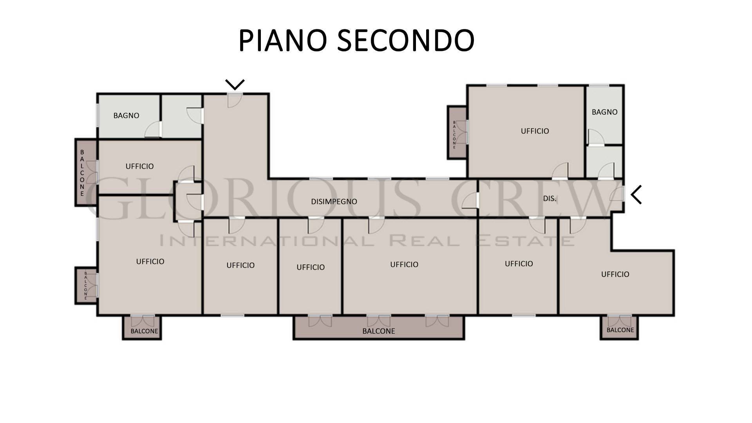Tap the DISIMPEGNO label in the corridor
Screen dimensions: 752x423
coord(334,202)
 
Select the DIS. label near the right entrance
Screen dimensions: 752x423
coord(550,199)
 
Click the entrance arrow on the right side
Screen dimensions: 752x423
coord(636,195)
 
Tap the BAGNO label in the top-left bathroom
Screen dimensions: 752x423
coord(126,116)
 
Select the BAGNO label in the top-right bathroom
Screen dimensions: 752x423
coord(604,112)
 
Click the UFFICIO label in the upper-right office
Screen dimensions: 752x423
coord(535,131)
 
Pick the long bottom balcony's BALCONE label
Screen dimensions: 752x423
coord(378,331)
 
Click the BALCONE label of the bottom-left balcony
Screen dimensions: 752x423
coord(144,331)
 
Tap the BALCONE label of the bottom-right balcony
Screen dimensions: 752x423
coord(620,330)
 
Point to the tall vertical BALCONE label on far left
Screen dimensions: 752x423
coord(82,173)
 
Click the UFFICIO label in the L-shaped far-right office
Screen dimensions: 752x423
coord(615,275)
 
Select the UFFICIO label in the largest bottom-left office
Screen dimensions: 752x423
coord(150,262)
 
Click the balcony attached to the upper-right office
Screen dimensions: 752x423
coord(457,133)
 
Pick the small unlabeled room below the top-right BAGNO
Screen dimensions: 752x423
coord(604,162)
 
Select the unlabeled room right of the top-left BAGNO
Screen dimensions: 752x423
coord(181,116)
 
